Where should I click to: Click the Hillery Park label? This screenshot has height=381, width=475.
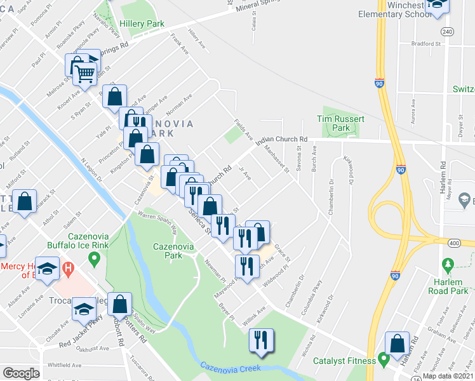pos(142,23)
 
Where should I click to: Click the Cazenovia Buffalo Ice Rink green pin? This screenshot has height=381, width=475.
pos(95,258)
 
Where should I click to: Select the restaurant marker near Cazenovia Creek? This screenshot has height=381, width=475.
pos(261,341)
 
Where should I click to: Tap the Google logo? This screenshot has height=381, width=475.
pos(21,373)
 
